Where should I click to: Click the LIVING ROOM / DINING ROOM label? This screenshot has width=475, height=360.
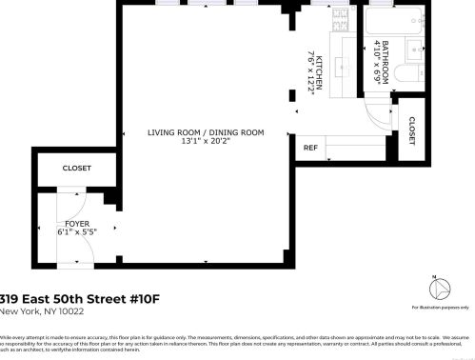tap(205, 132)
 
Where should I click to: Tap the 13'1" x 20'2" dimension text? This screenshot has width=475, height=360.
tap(205, 142)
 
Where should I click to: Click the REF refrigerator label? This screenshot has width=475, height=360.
tap(309, 148)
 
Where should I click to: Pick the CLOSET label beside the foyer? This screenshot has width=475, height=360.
tap(76, 169)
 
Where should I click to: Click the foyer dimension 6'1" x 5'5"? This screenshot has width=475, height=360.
tap(77, 230)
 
